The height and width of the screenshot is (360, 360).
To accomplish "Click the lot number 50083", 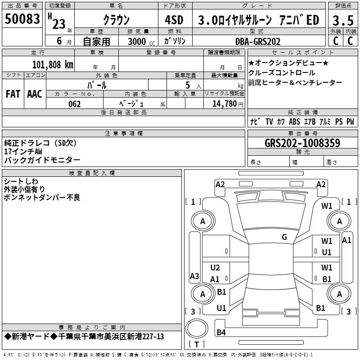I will coord(22,19).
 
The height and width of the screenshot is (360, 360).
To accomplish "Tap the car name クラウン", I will coord(116,20).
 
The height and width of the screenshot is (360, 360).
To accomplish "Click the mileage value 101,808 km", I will coord(53,64).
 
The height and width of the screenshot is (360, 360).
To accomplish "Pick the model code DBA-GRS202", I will coord(258,41).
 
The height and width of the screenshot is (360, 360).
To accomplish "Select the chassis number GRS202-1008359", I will coord(302,143).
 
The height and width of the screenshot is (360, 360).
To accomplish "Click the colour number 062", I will coord(75,104).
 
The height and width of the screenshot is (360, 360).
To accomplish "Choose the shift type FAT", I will coord(13,94).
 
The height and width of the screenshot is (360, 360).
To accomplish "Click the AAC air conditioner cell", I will coord(35,94).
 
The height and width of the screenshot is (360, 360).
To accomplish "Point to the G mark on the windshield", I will coord(284,237).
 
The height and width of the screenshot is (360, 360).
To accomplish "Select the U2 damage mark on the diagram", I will coord(215,268).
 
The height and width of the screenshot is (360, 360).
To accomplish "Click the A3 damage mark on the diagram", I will coord(194,276).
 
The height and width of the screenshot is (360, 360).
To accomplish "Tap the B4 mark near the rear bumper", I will coord(221,333).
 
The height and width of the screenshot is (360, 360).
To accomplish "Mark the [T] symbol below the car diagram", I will coord(197,344).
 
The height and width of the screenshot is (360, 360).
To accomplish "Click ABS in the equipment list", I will coord(294,122).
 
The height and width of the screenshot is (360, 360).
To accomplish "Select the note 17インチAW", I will coord(23,152).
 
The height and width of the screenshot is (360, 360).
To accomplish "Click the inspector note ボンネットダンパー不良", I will coord(42,198).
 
